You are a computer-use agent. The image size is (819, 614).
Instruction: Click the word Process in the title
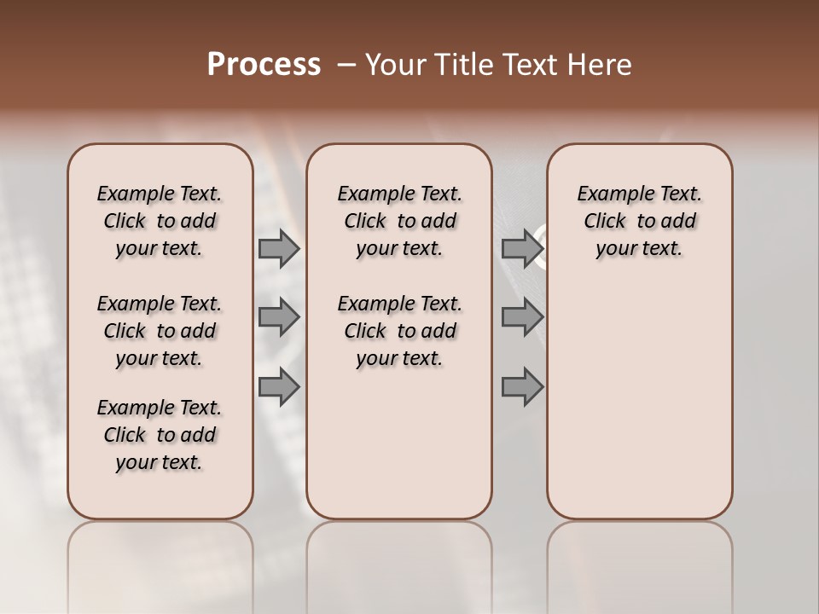click(x=264, y=65)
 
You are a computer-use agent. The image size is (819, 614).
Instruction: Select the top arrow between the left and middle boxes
click(x=279, y=249)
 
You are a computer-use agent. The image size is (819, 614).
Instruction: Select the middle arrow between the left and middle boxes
click(x=279, y=318)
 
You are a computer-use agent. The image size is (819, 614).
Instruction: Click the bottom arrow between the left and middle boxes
click(x=279, y=387)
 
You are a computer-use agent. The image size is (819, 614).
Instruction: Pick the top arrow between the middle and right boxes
click(x=522, y=249)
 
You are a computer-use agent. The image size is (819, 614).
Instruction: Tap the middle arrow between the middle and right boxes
click(x=522, y=318)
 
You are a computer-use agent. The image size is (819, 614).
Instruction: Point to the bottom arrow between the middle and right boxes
click(x=522, y=387)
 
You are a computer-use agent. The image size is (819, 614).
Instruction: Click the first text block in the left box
click(x=160, y=221)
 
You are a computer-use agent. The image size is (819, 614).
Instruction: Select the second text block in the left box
click(x=160, y=331)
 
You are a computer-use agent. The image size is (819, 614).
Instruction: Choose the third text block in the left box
click(x=160, y=435)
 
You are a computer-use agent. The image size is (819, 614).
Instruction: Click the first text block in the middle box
click(x=399, y=221)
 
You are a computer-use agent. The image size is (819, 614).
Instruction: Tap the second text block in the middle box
click(x=399, y=331)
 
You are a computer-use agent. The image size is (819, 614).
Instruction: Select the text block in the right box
click(x=639, y=221)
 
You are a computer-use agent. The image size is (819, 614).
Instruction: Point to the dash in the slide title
click(x=346, y=65)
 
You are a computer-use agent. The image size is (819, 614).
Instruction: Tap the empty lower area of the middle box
click(x=399, y=443)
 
